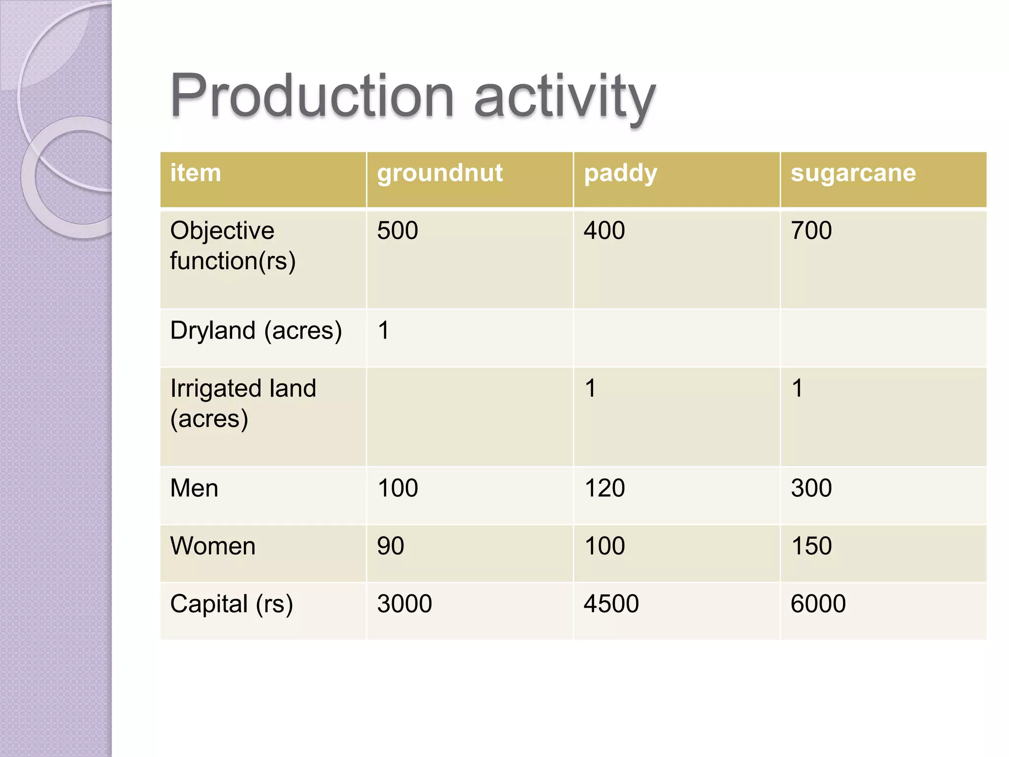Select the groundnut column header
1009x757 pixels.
[439, 173]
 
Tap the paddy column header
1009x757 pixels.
[620, 173]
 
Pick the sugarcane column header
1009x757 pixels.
[853, 173]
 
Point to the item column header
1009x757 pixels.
[196, 173]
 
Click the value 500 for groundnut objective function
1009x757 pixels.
[398, 231]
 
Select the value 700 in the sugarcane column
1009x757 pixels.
[811, 231]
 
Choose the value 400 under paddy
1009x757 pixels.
[604, 231]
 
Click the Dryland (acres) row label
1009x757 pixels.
[256, 331]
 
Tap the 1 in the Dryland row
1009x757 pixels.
[383, 331]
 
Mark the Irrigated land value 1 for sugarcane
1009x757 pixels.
[797, 388]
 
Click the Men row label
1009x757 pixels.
[194, 488]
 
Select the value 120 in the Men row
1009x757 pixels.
[604, 488]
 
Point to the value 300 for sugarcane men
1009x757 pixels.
[811, 488]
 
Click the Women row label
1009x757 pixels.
[213, 546]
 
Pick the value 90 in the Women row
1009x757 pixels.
[391, 546]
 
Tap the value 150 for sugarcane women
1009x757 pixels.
[811, 546]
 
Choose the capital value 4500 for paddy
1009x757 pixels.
[611, 604]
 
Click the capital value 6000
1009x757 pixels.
[818, 604]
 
